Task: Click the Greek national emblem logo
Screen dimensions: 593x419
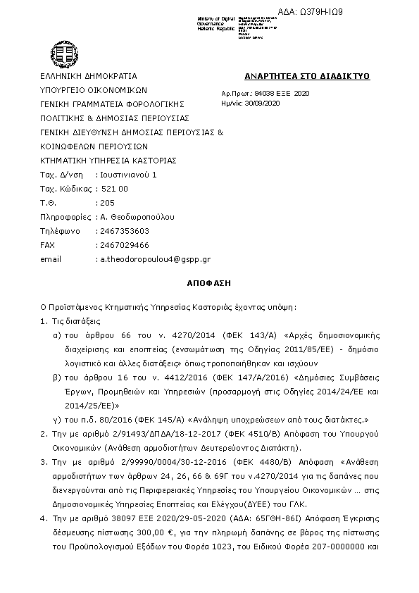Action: [59, 51]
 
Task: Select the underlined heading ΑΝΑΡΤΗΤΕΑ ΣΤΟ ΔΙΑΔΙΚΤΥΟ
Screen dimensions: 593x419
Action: [306, 76]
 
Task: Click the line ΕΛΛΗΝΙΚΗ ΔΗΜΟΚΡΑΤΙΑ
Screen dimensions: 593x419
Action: [88, 76]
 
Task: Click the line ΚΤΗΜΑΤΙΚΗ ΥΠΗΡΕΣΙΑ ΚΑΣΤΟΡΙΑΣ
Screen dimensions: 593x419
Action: [108, 160]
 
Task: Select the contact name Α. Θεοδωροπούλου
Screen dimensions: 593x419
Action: [137, 217]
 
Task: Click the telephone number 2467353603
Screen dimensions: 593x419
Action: [123, 231]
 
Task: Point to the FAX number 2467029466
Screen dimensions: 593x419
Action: [123, 245]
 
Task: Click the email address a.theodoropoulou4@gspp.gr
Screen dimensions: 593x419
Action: [154, 259]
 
